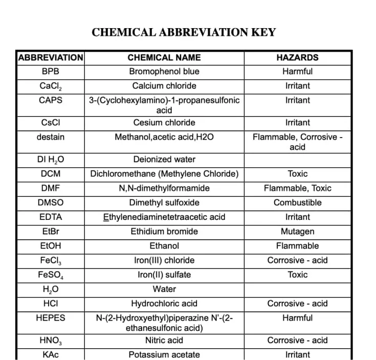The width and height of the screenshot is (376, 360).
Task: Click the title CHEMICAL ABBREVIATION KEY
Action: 184,33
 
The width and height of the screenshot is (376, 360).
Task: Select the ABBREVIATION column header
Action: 51,58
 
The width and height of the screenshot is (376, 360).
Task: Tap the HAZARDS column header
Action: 297,58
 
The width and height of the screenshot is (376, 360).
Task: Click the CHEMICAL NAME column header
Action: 164,58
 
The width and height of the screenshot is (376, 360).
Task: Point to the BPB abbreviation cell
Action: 51,72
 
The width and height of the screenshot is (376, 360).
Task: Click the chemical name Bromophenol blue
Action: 164,72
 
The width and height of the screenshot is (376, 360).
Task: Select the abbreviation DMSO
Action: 51,202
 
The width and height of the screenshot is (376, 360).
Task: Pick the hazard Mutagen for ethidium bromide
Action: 297,231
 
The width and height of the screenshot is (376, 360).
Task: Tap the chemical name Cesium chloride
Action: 164,123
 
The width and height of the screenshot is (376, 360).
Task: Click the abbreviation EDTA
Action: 51,217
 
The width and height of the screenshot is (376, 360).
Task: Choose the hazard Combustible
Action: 297,202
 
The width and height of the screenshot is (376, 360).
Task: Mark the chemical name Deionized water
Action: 164,160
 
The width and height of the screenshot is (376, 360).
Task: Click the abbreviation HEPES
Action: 51,318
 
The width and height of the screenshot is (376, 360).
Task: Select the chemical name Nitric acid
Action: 164,340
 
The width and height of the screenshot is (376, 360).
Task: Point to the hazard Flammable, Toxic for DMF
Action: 297,188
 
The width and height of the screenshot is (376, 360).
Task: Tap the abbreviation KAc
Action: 51,354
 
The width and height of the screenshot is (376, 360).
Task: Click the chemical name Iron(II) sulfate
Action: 164,275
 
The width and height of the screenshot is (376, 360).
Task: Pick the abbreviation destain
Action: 51,137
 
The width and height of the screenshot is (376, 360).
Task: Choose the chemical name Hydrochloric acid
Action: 164,303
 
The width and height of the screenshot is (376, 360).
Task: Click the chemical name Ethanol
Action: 164,246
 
